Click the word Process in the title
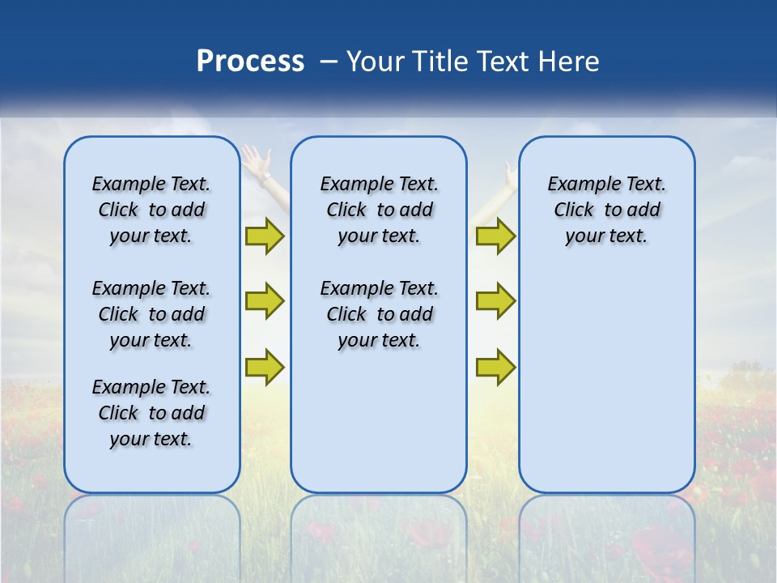pyautogui.click(x=250, y=62)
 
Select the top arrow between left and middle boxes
pyautogui.click(x=265, y=236)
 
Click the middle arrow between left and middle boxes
pyautogui.click(x=265, y=301)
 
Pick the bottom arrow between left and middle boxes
pyautogui.click(x=265, y=366)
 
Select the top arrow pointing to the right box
pyautogui.click(x=495, y=236)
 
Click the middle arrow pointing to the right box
pyautogui.click(x=495, y=301)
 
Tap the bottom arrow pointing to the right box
pyautogui.click(x=495, y=366)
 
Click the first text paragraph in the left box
pyautogui.click(x=151, y=210)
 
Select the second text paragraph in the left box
pyautogui.click(x=151, y=314)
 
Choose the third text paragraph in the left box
pyautogui.click(x=151, y=413)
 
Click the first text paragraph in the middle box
pyautogui.click(x=379, y=210)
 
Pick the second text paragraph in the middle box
pyautogui.click(x=379, y=314)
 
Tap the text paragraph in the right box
pyautogui.click(x=607, y=210)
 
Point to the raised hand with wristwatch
pyautogui.click(x=257, y=162)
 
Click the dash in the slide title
pyautogui.click(x=329, y=62)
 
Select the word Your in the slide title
pyautogui.click(x=375, y=62)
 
